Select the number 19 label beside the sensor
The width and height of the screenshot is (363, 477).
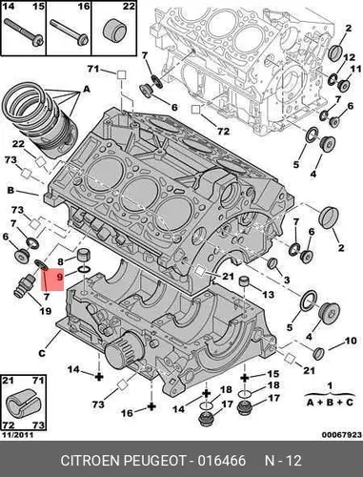(x=45, y=310)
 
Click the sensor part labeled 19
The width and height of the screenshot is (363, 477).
(x=26, y=285)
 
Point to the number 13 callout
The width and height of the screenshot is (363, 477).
(x=268, y=295)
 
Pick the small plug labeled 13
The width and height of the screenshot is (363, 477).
(x=245, y=281)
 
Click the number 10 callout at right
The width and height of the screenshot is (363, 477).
(x=351, y=341)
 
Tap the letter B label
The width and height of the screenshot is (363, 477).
(x=10, y=190)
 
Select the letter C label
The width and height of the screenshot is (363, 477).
(x=42, y=353)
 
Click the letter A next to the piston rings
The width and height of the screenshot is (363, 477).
(x=87, y=90)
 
